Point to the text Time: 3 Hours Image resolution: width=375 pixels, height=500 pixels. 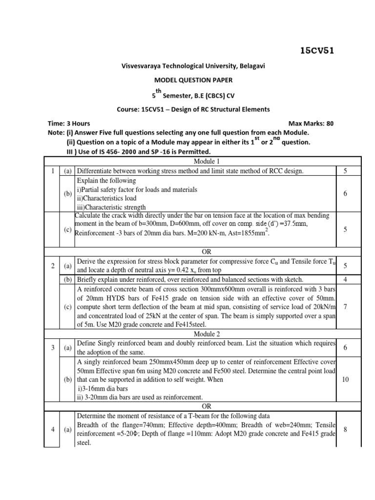tap(69, 124)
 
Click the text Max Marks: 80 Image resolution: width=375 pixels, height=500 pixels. tap(311, 124)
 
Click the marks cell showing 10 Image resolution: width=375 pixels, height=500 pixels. tap(345, 379)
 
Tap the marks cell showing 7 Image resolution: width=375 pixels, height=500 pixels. tap(345, 307)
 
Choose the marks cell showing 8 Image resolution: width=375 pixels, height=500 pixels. tap(345, 429)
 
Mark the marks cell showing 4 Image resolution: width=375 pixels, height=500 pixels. tap(345, 280)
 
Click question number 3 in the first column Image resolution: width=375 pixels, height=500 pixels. tap(52, 347)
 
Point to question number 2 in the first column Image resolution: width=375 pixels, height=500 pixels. tap(52, 266)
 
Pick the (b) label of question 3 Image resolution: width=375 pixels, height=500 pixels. tap(67, 379)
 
